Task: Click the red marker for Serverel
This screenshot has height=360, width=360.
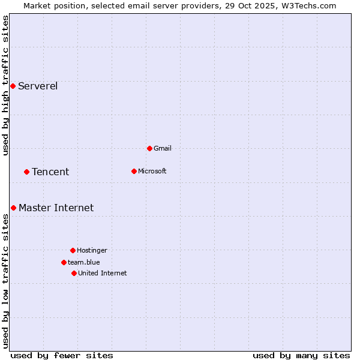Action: [x=13, y=86]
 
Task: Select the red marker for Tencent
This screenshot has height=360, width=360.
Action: [x=26, y=172]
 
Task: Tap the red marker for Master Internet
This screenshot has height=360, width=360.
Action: [x=13, y=208]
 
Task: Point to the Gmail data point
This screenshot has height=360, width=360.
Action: [x=149, y=148]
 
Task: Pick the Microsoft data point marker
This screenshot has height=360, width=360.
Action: [x=134, y=171]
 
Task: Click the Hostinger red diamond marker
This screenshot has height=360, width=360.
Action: [x=73, y=250]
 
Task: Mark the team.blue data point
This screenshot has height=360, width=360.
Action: [x=64, y=262]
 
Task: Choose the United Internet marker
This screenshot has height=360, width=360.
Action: [x=74, y=273]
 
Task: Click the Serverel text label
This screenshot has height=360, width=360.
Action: [x=38, y=86]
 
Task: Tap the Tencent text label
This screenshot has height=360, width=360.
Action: [x=50, y=172]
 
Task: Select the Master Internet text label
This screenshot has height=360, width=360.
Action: [x=56, y=208]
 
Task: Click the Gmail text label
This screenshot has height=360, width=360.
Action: [x=163, y=148]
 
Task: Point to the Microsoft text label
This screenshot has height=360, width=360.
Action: [x=152, y=171]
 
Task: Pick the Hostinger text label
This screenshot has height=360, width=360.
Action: [x=92, y=250]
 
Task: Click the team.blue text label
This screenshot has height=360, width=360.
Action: [x=83, y=262]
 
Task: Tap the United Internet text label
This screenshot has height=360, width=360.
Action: [x=102, y=273]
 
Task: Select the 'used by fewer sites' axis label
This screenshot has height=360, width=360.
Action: [x=62, y=355]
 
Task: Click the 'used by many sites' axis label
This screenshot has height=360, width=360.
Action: [x=301, y=355]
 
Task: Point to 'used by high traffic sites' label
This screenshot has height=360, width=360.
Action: [x=5, y=85]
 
